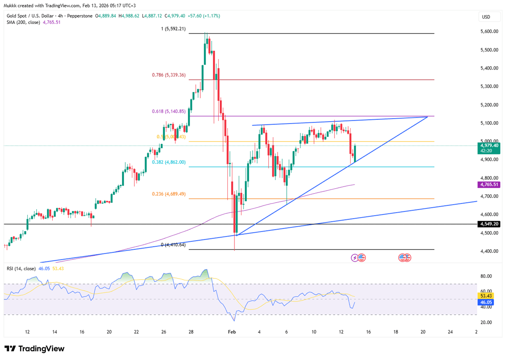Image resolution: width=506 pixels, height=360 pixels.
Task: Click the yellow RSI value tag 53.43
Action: coord(484,296)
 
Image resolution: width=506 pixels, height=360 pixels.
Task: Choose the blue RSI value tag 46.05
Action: coord(484,302)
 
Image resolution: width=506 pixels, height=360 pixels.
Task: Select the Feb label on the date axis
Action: coord(232,332)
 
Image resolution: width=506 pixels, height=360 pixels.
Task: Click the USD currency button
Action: coord(486,17)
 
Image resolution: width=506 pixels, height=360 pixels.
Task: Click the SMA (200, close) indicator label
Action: coord(23,22)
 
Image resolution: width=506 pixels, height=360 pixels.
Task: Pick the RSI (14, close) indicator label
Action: coord(21,269)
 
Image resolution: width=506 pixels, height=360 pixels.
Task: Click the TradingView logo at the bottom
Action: coord(35,349)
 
